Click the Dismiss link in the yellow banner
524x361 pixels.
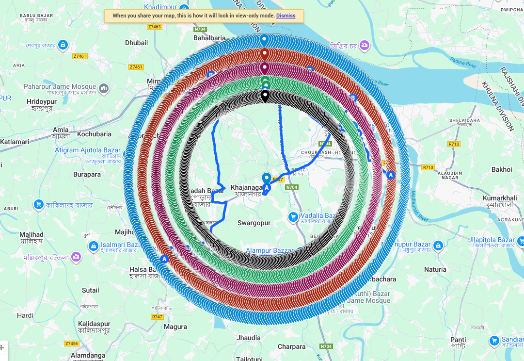tap(286, 16)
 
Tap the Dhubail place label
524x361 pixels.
tap(136, 43)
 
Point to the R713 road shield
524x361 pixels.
tap(454, 144)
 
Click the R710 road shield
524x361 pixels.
tap(428, 167)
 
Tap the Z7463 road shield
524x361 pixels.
tap(155, 27)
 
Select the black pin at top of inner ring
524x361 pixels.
tap(265, 96)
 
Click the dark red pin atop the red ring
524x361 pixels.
tap(264, 53)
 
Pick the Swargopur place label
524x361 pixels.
tap(254, 223)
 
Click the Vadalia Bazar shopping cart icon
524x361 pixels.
tap(293, 216)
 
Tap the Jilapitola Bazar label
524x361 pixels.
tap(491, 240)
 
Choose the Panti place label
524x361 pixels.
tap(458, 340)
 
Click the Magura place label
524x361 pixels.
tap(175, 327)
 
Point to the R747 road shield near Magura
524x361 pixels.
tap(157, 316)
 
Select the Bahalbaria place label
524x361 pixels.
tap(209, 38)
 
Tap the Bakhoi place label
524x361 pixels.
tap(502, 169)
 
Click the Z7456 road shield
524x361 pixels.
tap(71, 344)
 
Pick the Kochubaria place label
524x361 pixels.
tap(94, 134)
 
